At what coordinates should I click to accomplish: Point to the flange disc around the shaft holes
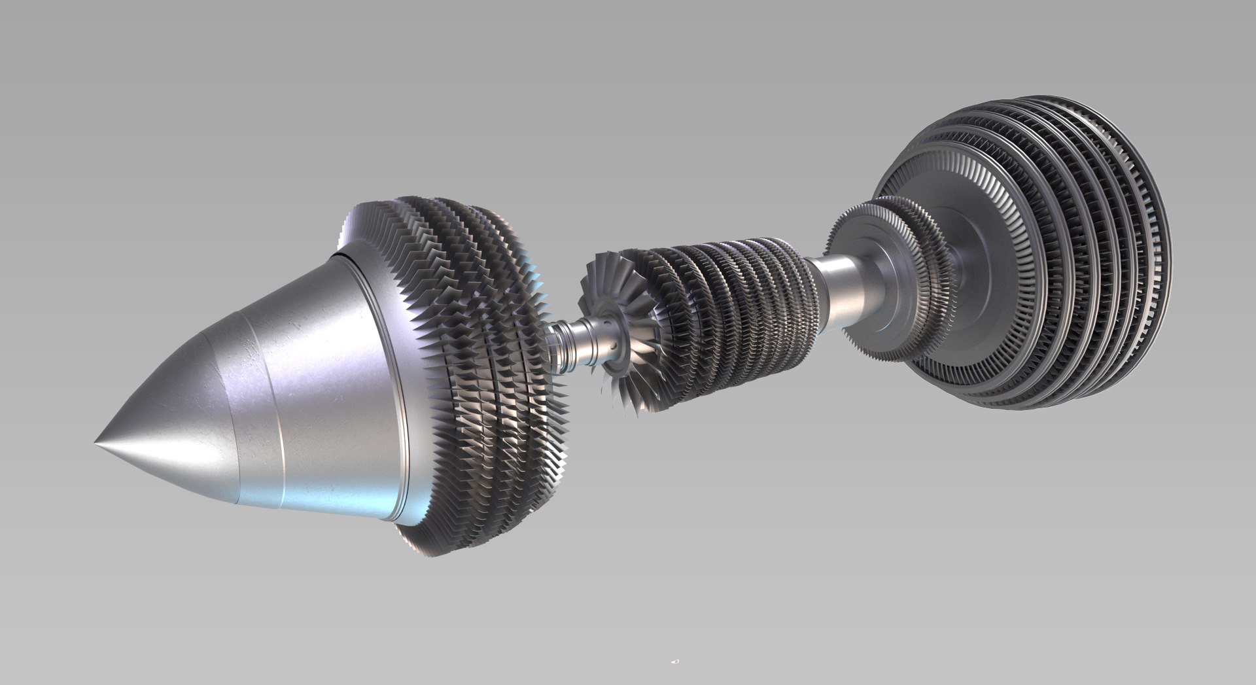[605, 340]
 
